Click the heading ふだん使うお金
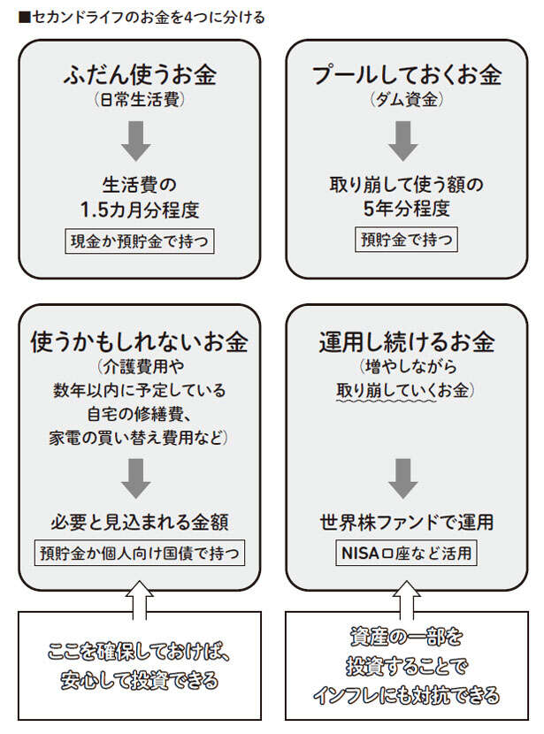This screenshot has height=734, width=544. click(140, 76)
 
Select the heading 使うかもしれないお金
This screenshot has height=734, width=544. click(140, 341)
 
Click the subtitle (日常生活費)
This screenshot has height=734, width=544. click(140, 101)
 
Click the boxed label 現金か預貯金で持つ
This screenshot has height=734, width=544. click(140, 241)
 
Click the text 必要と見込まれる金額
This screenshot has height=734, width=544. click(140, 524)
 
